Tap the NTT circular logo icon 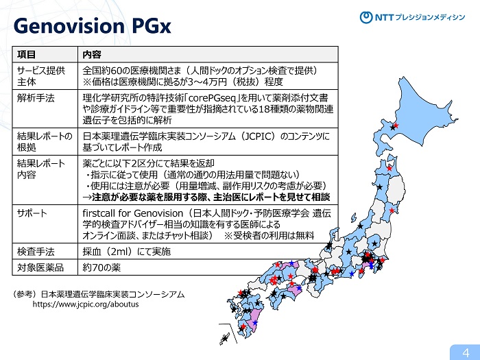click(367, 18)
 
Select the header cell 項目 click(27, 53)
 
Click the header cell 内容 click(92, 53)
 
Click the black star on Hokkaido click(393, 126)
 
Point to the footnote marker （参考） click(25, 294)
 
